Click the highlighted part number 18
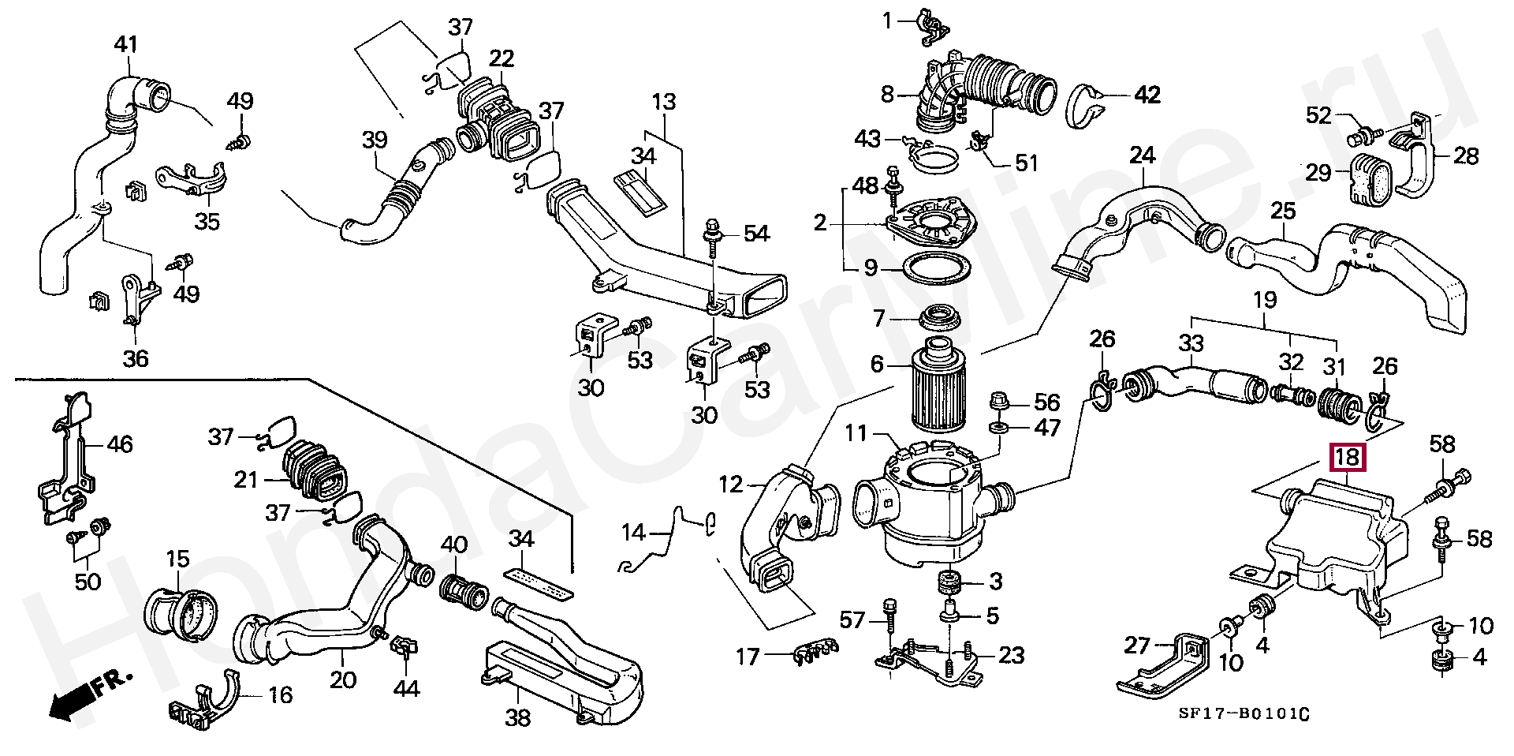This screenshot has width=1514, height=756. pos(1347,457)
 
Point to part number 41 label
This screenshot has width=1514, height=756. pos(126,44)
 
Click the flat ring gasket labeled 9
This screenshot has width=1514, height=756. pos(936,269)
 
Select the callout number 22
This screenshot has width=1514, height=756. pos(501,58)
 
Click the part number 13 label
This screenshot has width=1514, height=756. pos(664,103)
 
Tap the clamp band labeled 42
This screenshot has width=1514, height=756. pos(1089,102)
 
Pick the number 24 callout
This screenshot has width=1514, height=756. pos(1142,155)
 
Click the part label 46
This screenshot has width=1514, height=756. pos(120,445)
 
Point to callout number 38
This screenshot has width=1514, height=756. pos(518,717)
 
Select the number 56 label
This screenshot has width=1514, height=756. pos(1046,402)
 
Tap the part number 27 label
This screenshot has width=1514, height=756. pos(1137,646)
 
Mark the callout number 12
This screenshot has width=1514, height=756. pos(731,484)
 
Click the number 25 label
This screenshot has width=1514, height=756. pos(1283,211)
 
